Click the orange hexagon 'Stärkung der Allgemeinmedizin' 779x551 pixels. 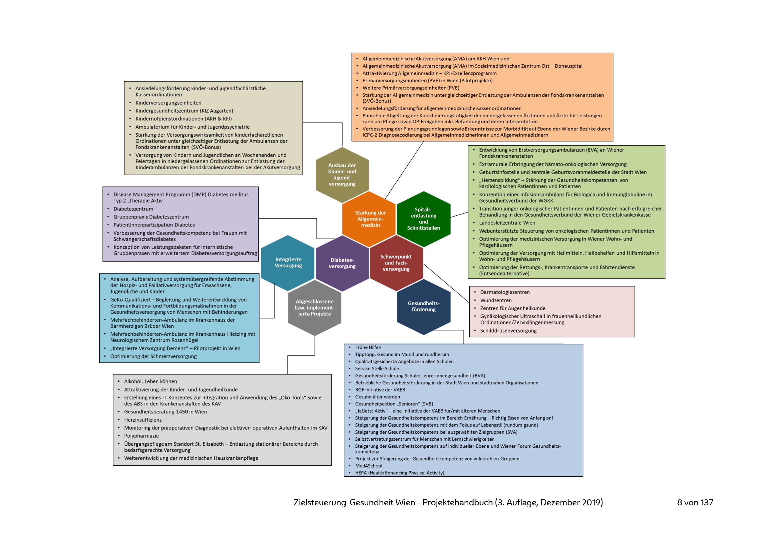coord(370,219)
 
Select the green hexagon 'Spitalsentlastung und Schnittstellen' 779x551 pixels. coord(423,219)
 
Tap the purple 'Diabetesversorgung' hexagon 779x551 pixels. coord(342,263)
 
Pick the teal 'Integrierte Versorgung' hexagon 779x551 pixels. coord(288,263)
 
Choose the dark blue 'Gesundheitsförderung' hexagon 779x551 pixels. coord(423,306)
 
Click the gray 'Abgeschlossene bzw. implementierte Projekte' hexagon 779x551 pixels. coord(314,308)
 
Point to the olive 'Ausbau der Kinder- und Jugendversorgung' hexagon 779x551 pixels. coord(342,175)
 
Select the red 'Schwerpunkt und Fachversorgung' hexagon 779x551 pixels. coord(396,263)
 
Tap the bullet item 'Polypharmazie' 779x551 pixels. coord(141,436)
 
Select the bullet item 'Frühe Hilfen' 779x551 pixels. coord(368,347)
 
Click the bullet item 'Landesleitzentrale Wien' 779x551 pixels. coord(507,223)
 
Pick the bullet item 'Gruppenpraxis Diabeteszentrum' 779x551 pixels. coord(151,217)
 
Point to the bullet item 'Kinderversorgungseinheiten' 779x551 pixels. coord(168,103)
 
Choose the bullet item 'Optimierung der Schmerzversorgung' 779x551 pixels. coord(153,356)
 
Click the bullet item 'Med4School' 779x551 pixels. coord(368,466)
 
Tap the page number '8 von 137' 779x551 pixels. coord(695,502)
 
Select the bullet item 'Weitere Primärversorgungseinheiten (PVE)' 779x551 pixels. coord(411,88)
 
